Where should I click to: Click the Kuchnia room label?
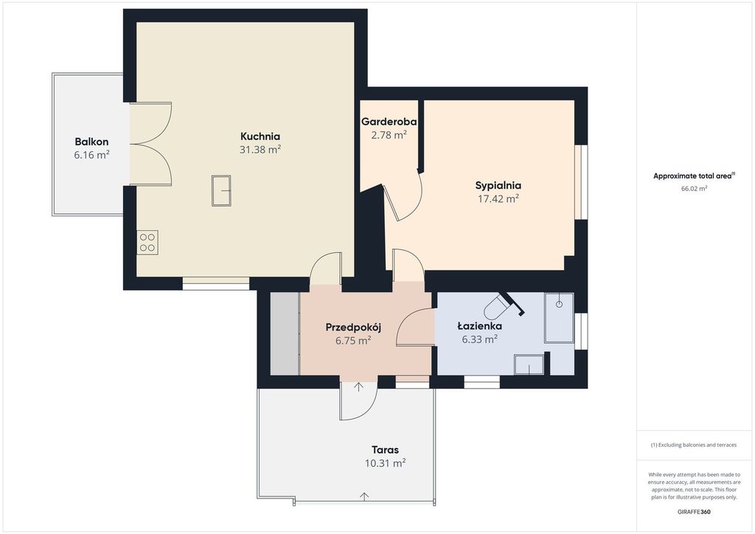pos(260,136)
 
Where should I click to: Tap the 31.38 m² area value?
pos(260,149)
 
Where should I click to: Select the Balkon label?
pos(91,142)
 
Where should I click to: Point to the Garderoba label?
pos(389,122)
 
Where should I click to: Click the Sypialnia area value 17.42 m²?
pos(498,198)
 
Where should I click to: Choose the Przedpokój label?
pos(353,327)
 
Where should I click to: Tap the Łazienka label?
pos(479,326)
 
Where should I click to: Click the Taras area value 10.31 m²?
pos(385,463)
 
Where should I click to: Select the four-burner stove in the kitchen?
pos(147,243)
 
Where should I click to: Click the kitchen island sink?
pos(221,191)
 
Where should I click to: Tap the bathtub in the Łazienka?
pos(559,318)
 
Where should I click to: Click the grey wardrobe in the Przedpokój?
pos(285,333)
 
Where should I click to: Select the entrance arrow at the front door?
pos(359,387)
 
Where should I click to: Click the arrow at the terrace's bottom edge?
pos(364,496)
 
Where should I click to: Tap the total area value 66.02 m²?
pos(694,189)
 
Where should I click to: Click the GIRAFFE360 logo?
pos(693,512)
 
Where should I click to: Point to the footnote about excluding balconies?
pos(693,445)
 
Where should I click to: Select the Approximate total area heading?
pos(693,176)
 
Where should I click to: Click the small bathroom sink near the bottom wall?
pos(529,364)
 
